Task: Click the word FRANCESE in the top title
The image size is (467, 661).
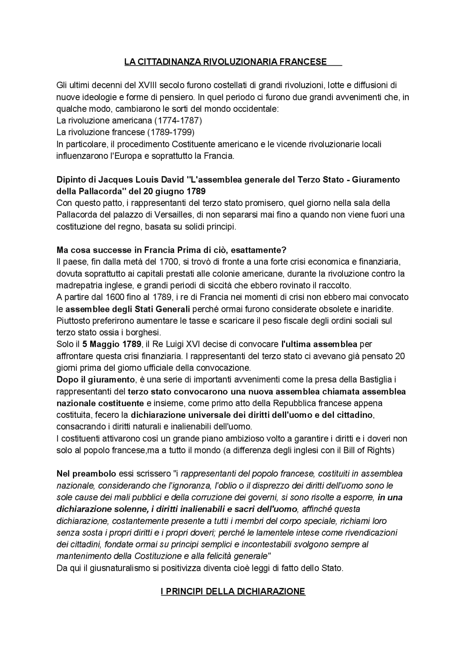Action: (x=303, y=62)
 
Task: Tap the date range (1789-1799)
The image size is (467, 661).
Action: (x=171, y=132)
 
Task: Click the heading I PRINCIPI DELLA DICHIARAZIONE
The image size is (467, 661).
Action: (x=233, y=591)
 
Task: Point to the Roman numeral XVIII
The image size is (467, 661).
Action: (x=146, y=85)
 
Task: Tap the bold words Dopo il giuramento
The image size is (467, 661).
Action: (x=96, y=380)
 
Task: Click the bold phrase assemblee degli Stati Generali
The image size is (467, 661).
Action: (x=128, y=309)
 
